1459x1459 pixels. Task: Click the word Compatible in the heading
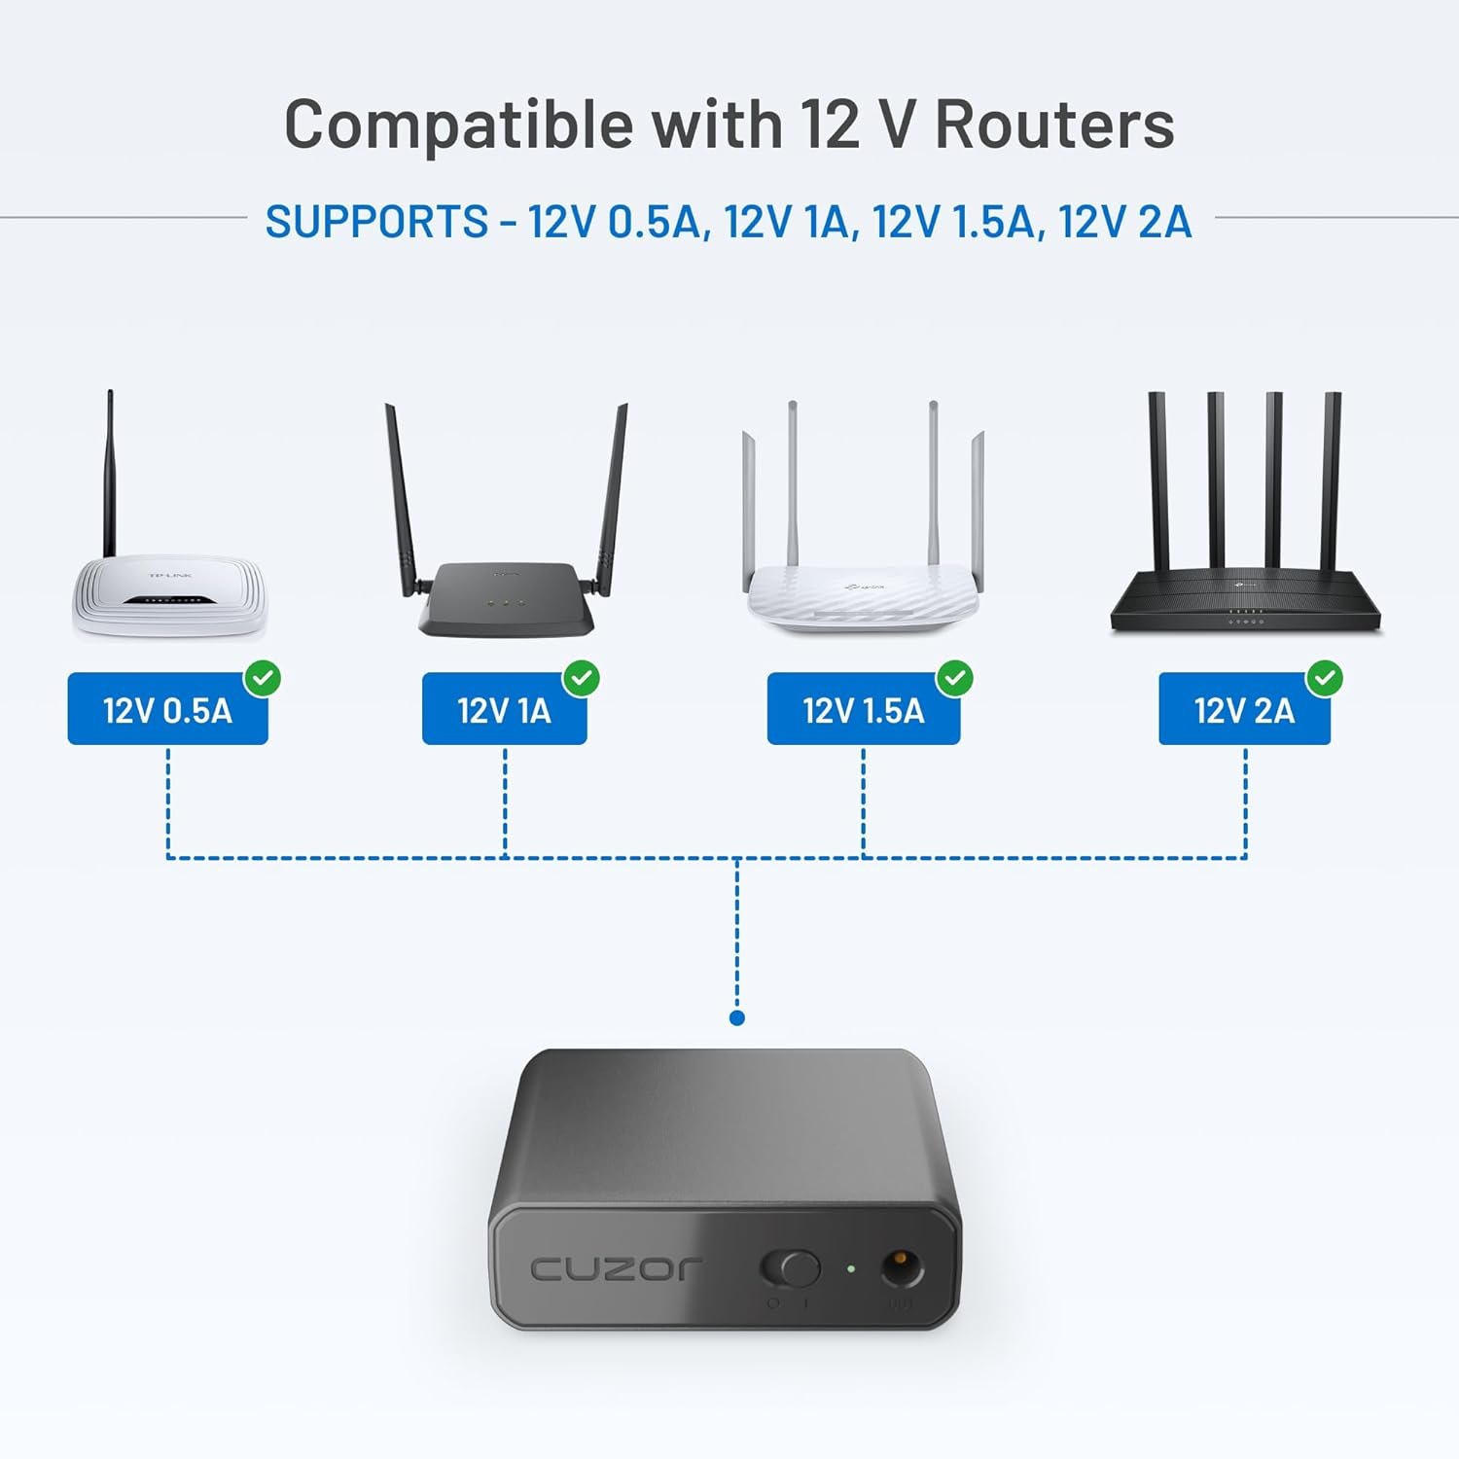tap(458, 125)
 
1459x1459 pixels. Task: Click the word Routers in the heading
tap(1054, 125)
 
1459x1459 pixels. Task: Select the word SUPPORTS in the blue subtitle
tap(376, 222)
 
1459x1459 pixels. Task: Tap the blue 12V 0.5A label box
tap(167, 711)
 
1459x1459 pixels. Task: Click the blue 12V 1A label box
tap(504, 711)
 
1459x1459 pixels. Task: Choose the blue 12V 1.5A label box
tap(863, 711)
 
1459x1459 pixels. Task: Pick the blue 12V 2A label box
tap(1244, 711)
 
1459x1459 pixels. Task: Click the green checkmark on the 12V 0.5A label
tap(263, 678)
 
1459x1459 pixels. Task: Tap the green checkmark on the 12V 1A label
tap(582, 678)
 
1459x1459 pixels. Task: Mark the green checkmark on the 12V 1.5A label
tap(955, 678)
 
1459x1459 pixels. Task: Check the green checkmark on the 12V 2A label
tap(1325, 678)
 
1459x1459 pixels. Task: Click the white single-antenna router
tap(167, 593)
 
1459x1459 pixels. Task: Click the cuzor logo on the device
tap(615, 1268)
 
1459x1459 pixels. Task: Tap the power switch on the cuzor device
tap(790, 1268)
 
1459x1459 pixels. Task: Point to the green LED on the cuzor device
tap(851, 1268)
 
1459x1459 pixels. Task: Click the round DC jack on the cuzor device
tap(902, 1268)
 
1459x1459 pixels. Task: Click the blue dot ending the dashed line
tap(737, 1018)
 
